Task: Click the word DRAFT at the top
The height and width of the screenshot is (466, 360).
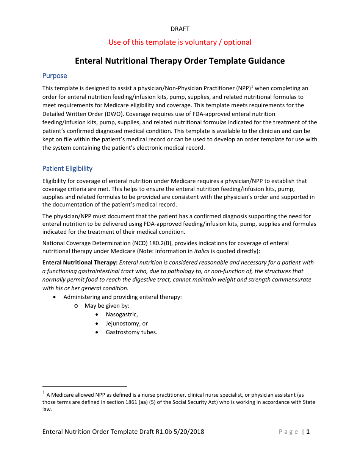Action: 180,29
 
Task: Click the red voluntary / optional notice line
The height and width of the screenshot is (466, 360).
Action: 180,42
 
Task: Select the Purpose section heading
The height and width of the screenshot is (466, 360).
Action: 55,76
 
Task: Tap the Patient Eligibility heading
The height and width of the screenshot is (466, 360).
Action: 67,168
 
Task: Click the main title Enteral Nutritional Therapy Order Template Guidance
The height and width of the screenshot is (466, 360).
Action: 180,61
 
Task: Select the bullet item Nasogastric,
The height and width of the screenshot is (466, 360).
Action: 122,314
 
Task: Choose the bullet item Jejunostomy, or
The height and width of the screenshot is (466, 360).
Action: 127,324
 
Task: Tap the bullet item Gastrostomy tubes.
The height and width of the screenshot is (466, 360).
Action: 131,332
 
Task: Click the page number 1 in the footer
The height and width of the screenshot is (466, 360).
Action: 308,432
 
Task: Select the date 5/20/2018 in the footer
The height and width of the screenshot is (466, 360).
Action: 188,432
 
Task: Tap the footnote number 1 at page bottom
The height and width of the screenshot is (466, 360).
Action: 44,393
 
